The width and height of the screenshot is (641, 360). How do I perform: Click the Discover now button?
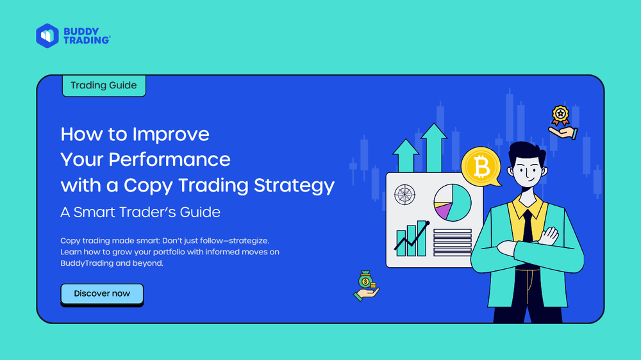point(102,294)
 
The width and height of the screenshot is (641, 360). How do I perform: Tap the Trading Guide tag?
point(103,85)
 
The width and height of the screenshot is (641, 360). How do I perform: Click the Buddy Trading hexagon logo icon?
point(47,35)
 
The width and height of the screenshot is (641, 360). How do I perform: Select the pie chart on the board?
point(453,203)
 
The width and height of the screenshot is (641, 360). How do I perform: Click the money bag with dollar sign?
point(365,281)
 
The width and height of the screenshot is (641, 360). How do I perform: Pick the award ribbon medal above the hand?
point(561,115)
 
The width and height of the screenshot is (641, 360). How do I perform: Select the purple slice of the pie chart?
point(442,209)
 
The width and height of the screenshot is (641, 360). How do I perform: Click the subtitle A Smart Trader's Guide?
point(140,212)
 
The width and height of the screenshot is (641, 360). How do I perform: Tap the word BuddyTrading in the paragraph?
point(87,263)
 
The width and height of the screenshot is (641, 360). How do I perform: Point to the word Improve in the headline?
point(171,134)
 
